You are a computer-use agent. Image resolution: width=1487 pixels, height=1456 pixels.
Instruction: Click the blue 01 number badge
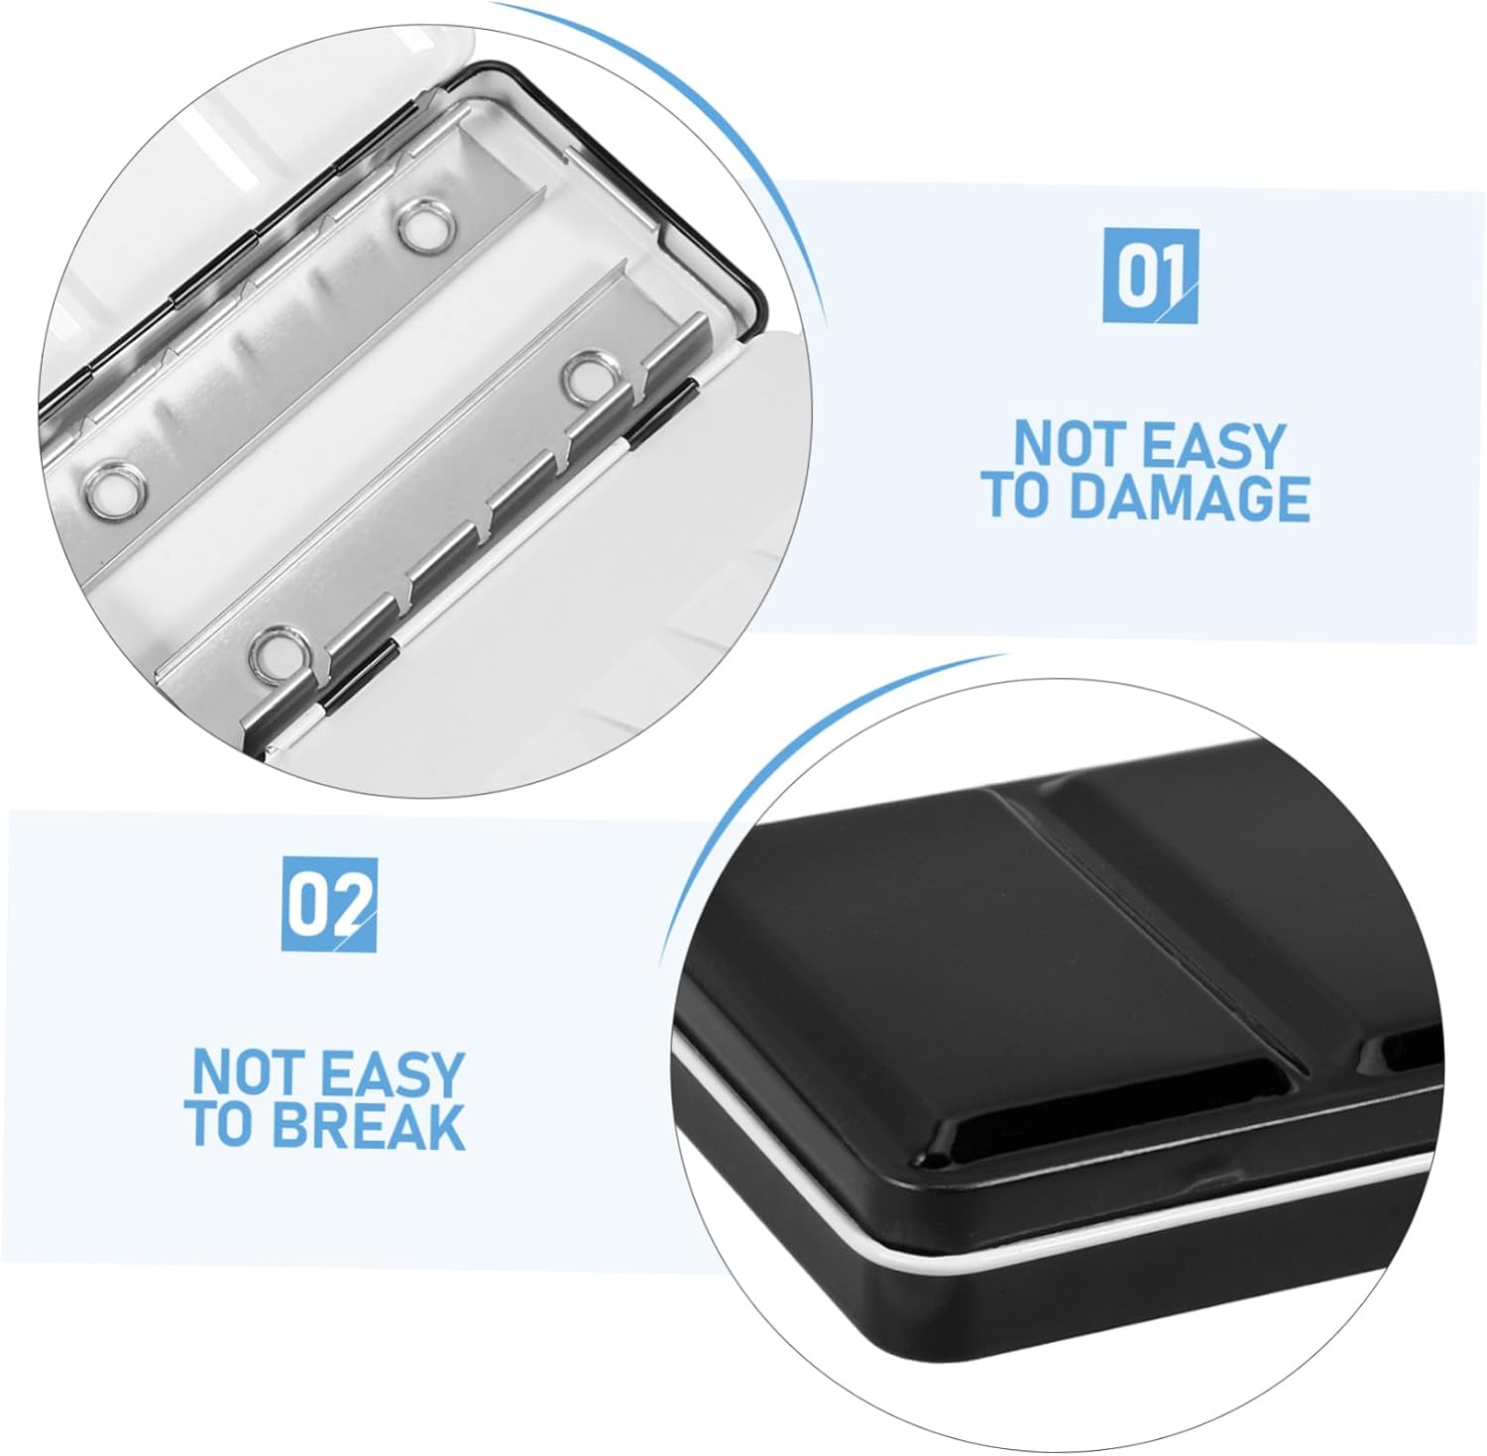coord(1150,275)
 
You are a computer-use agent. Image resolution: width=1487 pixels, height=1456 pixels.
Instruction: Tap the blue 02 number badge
coord(329,904)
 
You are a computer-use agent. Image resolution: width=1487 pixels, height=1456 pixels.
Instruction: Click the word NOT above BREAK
coord(248,1072)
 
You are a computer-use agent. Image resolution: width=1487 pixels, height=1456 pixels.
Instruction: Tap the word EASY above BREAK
coord(391,1072)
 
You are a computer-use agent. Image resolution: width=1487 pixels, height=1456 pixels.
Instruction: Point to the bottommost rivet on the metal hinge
coord(274,651)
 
